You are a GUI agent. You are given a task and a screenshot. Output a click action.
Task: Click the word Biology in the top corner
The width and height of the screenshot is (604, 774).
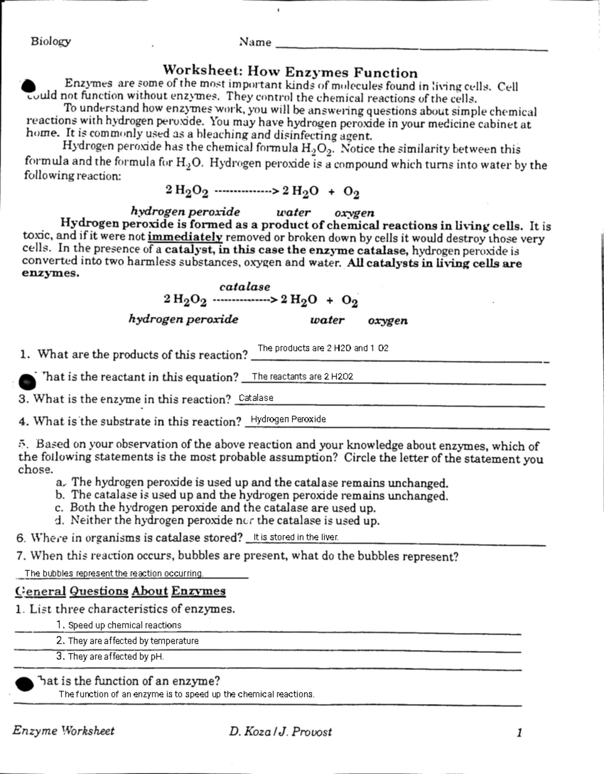pos(50,41)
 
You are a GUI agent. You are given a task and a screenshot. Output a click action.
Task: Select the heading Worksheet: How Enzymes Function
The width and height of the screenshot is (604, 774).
pos(290,73)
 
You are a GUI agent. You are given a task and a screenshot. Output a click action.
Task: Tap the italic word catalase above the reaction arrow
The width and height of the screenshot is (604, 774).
pos(245,287)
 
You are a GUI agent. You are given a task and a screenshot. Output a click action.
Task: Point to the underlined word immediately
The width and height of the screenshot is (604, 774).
pos(185,237)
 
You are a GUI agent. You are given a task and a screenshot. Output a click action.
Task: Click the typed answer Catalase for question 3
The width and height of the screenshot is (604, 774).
pos(256,398)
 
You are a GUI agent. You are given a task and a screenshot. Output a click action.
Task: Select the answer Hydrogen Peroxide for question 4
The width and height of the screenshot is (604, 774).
pos(288,419)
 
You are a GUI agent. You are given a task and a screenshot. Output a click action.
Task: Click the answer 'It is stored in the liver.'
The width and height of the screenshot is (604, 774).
pos(295,537)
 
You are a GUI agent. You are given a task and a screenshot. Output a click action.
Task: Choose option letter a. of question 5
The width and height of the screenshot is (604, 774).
pos(60,482)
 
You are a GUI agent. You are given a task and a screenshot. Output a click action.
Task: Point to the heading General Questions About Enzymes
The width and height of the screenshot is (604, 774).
pos(120,591)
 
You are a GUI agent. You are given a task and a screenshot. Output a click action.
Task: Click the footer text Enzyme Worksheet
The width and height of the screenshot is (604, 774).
pos(63,731)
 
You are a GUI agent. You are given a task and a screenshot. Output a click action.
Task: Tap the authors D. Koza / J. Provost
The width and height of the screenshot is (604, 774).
pos(280,731)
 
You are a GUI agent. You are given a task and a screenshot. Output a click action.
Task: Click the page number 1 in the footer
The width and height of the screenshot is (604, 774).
pos(519,733)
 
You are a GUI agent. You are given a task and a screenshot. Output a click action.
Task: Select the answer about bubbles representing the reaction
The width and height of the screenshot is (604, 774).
pos(114,574)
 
